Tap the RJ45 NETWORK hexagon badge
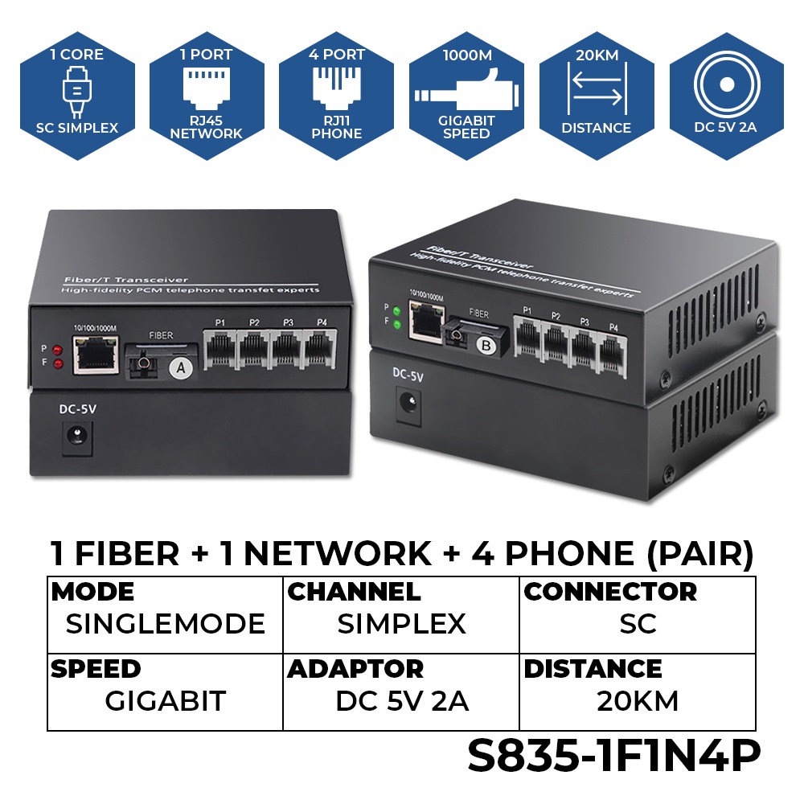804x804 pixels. (207, 96)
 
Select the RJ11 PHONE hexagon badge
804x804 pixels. (337, 96)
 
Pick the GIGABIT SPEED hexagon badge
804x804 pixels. (466, 96)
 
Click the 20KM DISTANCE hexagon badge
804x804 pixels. (596, 96)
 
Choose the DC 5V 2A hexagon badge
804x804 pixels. (726, 96)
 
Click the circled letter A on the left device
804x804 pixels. (182, 367)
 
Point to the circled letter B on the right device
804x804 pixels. (486, 347)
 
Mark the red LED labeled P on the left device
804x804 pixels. (55, 351)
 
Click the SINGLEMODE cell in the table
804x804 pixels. (165, 624)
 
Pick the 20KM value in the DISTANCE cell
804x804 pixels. (638, 701)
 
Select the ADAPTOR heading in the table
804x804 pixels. (355, 669)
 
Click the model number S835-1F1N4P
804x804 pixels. (613, 757)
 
